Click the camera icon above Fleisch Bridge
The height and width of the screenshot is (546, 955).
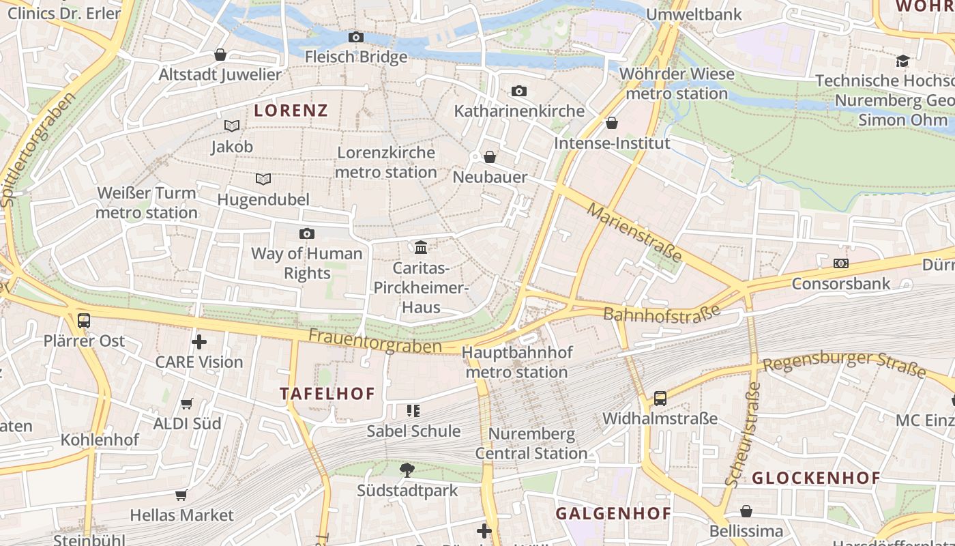(x=355, y=38)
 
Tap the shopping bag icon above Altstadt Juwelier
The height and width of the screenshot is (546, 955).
(x=220, y=55)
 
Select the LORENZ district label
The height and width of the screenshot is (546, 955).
(x=291, y=110)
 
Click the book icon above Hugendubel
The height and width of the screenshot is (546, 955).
(x=263, y=179)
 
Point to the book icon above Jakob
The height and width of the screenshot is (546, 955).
(x=232, y=126)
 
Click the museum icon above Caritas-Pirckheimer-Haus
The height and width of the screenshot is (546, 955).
(x=421, y=246)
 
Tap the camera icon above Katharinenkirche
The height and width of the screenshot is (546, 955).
(x=519, y=91)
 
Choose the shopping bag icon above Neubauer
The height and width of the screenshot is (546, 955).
(x=490, y=157)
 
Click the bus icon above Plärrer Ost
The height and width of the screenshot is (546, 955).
(x=84, y=320)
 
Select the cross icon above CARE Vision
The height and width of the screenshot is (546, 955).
(x=199, y=341)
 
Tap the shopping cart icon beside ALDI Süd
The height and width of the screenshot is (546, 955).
(x=187, y=403)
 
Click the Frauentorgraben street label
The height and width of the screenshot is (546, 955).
(x=374, y=341)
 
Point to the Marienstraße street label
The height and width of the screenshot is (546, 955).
(x=634, y=232)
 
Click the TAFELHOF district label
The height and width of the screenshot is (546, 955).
(x=327, y=394)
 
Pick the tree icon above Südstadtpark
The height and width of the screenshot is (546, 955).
(x=407, y=470)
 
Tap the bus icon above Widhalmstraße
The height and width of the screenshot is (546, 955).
(x=660, y=398)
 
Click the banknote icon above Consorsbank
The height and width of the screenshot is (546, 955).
(x=841, y=263)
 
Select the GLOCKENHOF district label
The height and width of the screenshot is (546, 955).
(x=816, y=478)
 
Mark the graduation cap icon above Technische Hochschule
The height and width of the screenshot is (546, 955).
(x=903, y=61)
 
